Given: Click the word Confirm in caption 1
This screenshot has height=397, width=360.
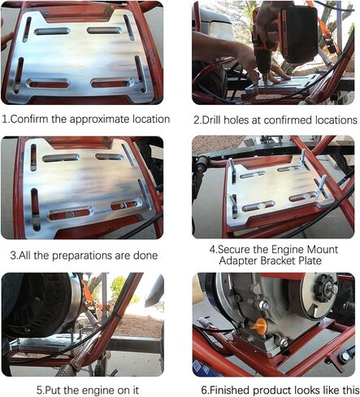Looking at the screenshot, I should click(33, 119).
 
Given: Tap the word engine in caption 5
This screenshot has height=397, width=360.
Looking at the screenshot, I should click(91, 389).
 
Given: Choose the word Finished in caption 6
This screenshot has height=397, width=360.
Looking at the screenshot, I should click(231, 389).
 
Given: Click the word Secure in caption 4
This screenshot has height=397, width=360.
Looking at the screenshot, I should click(236, 248).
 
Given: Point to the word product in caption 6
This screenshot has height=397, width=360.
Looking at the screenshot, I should click(279, 389).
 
